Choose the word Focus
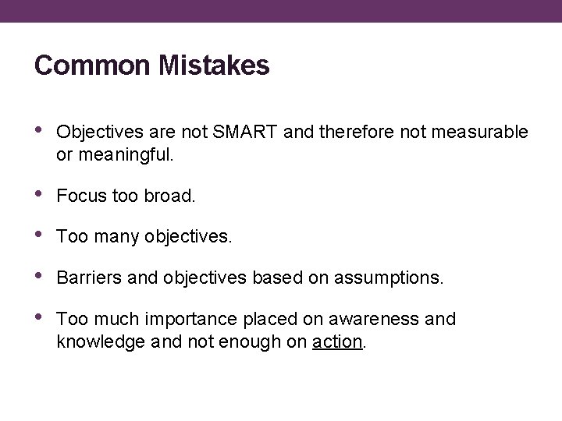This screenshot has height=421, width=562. coord(80,196)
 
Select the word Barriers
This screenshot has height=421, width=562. coord(86,277)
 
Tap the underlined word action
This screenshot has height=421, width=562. coord(337,341)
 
